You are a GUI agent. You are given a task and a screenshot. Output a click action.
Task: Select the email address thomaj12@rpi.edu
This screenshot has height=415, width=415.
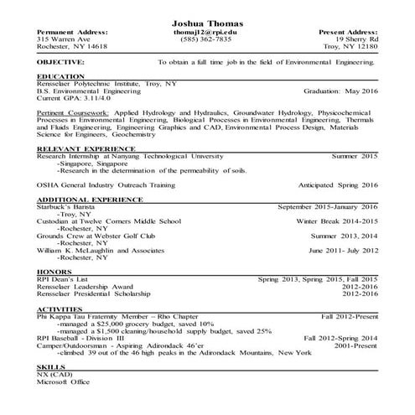pos(206,31)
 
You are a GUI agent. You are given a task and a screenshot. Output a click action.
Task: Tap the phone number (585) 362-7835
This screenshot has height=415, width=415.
pos(206,39)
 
